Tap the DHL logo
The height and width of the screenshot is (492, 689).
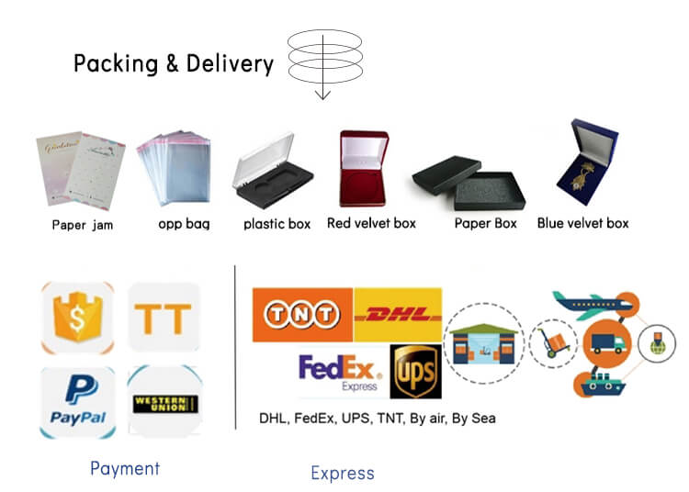pyautogui.click(x=397, y=315)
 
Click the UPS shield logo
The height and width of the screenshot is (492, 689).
pyautogui.click(x=415, y=372)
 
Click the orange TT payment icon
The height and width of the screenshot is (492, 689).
pyautogui.click(x=164, y=318)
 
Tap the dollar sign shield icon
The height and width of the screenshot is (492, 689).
pyautogui.click(x=78, y=318)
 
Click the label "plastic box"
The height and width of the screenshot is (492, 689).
pyautogui.click(x=277, y=223)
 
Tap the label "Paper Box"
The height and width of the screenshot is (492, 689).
pyautogui.click(x=486, y=223)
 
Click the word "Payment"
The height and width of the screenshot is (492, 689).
pyautogui.click(x=125, y=468)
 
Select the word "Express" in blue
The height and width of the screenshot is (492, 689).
pyautogui.click(x=343, y=473)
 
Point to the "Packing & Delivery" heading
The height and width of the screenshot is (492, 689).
pyautogui.click(x=174, y=63)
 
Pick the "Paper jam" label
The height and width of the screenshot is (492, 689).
pyautogui.click(x=82, y=224)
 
